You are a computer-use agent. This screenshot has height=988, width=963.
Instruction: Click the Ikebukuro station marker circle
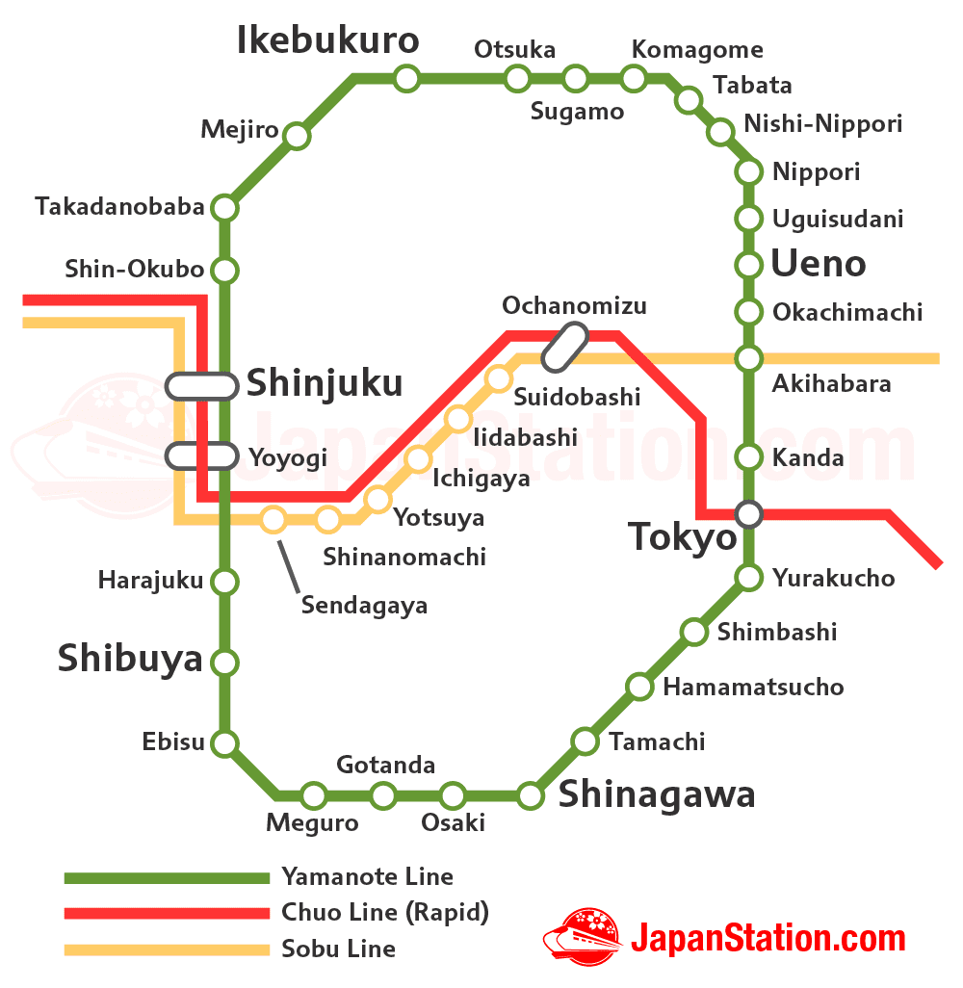click(x=407, y=78)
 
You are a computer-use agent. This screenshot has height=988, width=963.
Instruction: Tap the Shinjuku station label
click(x=325, y=383)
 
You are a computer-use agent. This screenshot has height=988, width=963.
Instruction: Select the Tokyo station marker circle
click(x=749, y=514)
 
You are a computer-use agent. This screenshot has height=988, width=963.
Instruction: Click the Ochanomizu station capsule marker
click(x=565, y=347)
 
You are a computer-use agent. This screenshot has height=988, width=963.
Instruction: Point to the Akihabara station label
click(x=831, y=384)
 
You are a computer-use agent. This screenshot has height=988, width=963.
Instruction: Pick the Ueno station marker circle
click(x=749, y=264)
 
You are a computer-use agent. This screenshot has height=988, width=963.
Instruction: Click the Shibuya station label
click(x=130, y=659)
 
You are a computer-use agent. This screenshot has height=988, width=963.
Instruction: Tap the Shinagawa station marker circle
click(x=531, y=795)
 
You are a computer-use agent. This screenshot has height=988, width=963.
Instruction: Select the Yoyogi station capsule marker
click(x=202, y=455)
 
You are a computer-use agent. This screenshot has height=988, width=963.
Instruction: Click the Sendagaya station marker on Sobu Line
click(x=273, y=520)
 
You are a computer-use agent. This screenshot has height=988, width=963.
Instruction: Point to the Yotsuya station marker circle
click(x=378, y=499)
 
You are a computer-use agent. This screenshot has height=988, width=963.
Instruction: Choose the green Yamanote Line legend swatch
click(x=167, y=877)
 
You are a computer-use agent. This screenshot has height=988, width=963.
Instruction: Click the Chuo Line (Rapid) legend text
click(x=385, y=912)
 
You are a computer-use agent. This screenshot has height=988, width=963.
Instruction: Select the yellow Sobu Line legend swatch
click(x=167, y=949)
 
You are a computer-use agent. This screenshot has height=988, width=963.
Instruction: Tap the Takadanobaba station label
click(x=119, y=207)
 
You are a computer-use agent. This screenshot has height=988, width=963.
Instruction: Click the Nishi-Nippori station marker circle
click(x=720, y=132)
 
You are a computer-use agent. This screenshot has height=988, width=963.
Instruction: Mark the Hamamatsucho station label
click(x=753, y=687)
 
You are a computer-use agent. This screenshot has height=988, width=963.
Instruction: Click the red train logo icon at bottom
click(x=582, y=935)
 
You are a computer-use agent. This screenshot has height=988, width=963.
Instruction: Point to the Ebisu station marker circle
click(x=224, y=742)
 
